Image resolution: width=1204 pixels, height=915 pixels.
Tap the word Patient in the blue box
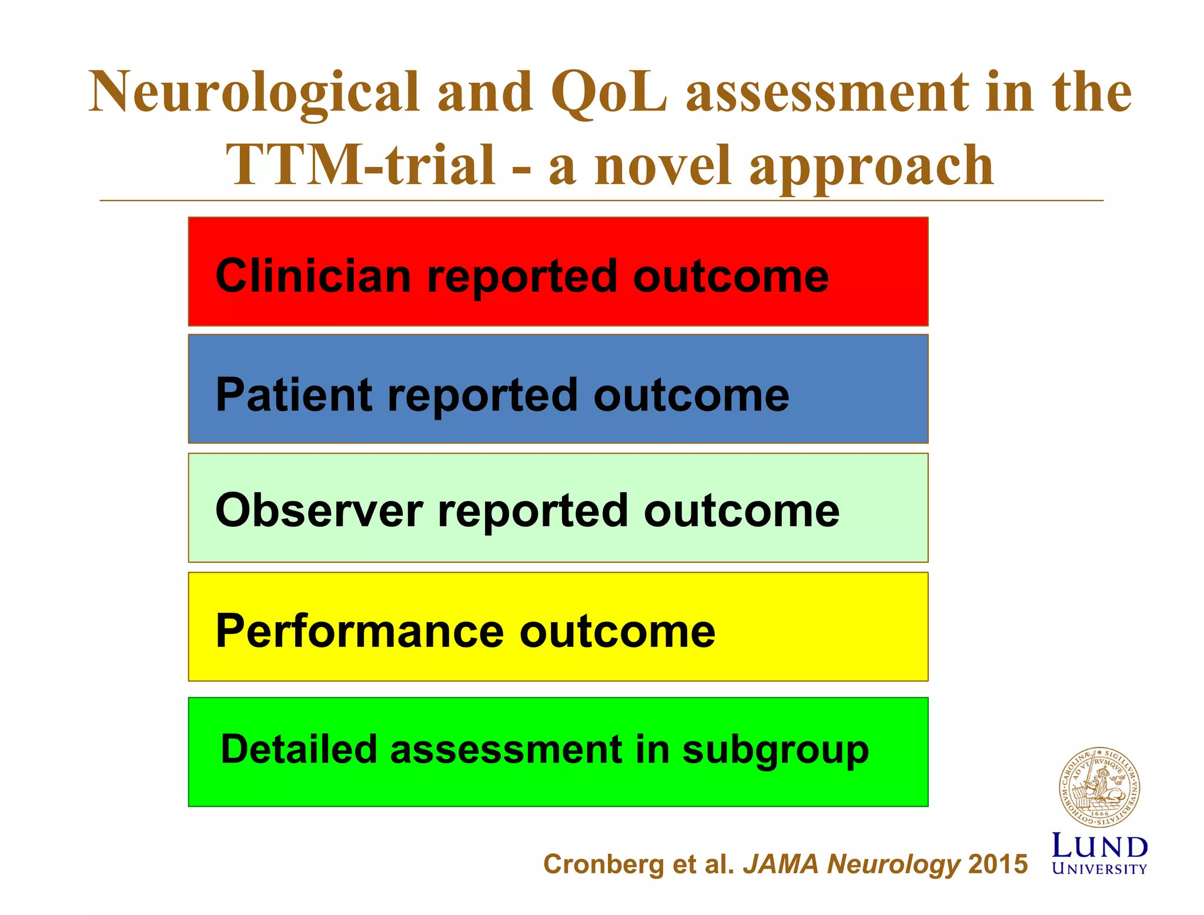coord(294,395)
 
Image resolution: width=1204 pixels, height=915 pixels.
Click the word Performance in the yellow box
coord(359,631)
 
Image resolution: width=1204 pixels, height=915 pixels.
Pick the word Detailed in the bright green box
coord(298,749)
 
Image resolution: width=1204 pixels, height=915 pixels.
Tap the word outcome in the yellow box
coord(617,631)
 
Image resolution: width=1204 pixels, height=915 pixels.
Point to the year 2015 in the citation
coord(998,864)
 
